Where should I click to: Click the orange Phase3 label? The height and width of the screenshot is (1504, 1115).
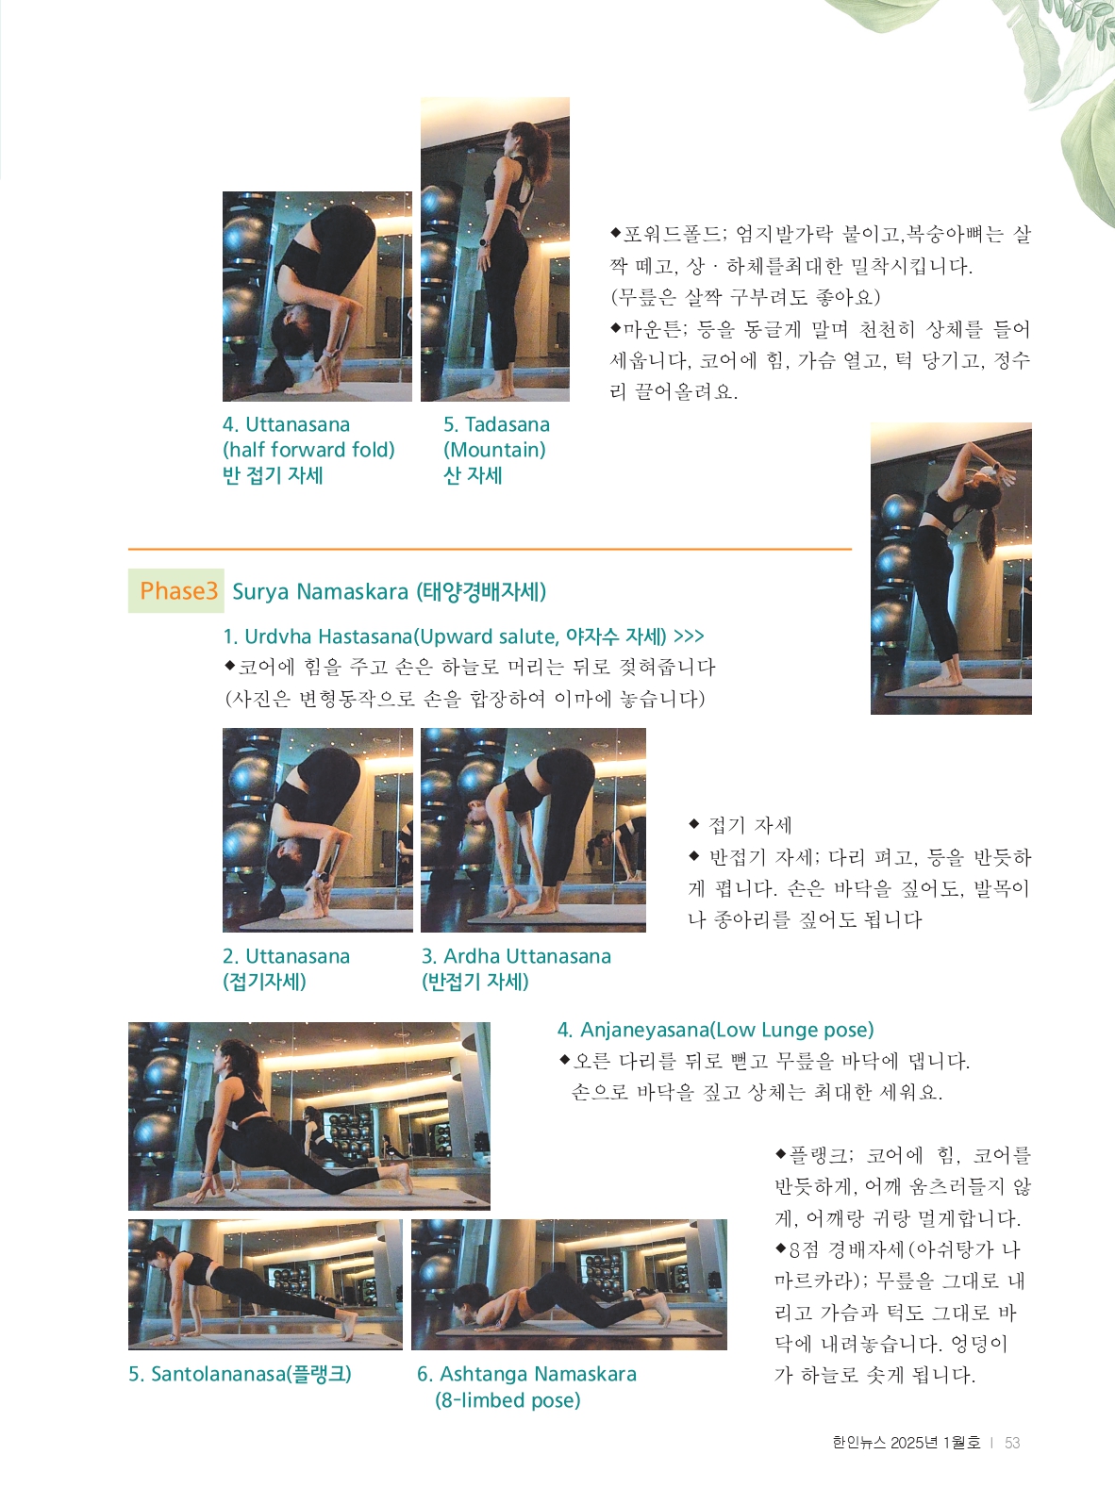pyautogui.click(x=178, y=590)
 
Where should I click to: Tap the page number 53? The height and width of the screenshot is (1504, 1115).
pyautogui.click(x=1012, y=1443)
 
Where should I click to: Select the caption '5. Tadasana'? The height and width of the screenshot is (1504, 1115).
pyautogui.click(x=496, y=424)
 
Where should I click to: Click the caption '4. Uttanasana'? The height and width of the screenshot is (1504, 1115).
pyautogui.click(x=286, y=424)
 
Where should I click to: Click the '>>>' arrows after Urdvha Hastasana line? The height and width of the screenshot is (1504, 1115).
pyautogui.click(x=689, y=636)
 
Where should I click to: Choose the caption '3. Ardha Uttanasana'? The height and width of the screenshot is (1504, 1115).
pyautogui.click(x=516, y=956)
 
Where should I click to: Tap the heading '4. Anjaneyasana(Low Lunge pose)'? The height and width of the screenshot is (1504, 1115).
pyautogui.click(x=715, y=1030)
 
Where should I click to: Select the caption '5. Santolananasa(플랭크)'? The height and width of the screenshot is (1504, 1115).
pyautogui.click(x=241, y=1374)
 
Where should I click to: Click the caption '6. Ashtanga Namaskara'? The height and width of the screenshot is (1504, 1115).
pyautogui.click(x=526, y=1374)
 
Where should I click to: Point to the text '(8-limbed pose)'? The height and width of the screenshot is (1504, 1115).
pyautogui.click(x=508, y=1400)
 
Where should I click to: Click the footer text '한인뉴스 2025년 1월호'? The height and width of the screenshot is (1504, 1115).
pyautogui.click(x=906, y=1443)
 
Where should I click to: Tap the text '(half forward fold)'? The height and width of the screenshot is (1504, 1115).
pyautogui.click(x=308, y=450)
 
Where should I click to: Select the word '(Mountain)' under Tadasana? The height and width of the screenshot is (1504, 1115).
pyautogui.click(x=494, y=450)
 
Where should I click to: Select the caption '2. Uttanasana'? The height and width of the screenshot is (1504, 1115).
pyautogui.click(x=286, y=956)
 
